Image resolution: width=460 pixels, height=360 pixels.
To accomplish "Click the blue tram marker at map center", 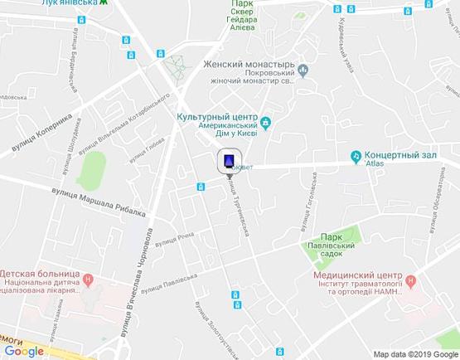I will (229, 160).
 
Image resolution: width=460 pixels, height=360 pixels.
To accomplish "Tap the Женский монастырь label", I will (249, 64).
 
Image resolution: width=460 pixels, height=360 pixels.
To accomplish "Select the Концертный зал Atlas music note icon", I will (356, 155).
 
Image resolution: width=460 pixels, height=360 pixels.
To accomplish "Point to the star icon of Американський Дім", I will (266, 126).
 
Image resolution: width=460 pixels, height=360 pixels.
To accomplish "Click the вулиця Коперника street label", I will (41, 133).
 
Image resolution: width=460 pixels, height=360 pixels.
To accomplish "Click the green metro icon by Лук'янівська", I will (103, 2).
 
